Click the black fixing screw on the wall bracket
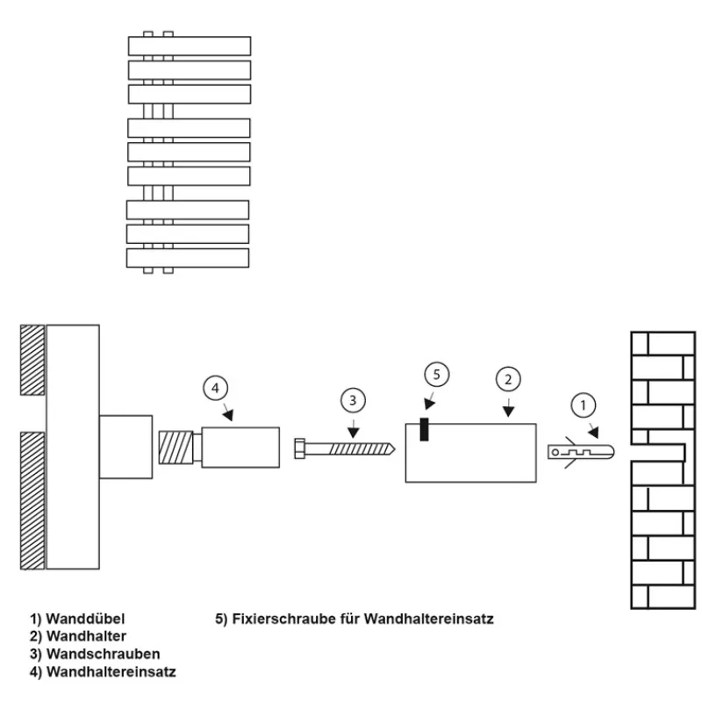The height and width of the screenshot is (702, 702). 424,430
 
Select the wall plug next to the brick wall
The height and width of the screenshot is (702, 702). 579,452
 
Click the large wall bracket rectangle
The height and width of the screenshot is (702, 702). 470,452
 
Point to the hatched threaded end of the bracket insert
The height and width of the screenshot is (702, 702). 174,448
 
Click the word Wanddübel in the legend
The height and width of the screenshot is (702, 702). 91,619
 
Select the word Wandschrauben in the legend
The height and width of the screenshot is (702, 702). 103,654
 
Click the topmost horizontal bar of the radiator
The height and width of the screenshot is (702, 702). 190,46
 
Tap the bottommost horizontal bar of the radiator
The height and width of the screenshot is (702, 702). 188,258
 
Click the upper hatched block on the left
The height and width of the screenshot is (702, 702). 32,360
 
